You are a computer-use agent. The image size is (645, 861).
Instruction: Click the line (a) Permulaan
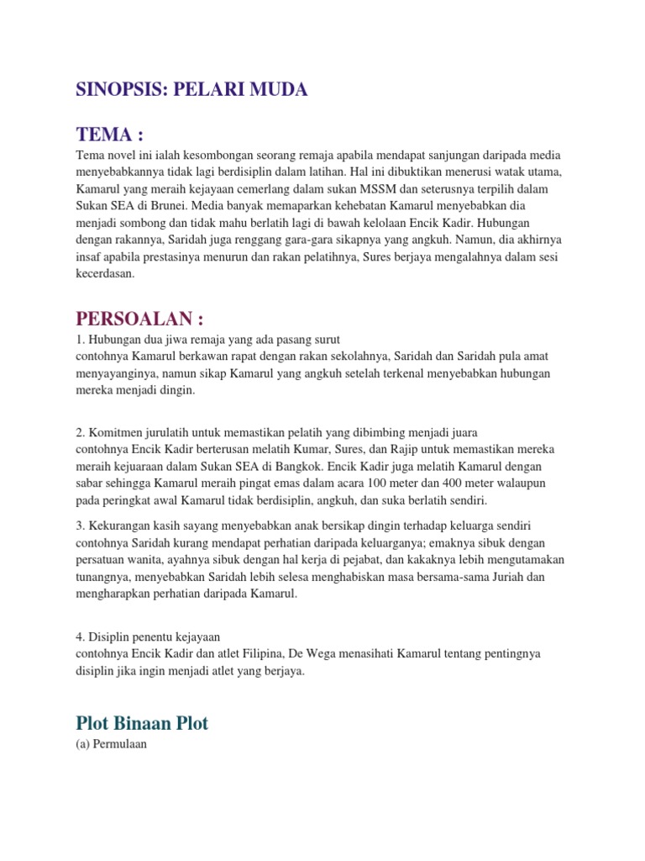(111, 744)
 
